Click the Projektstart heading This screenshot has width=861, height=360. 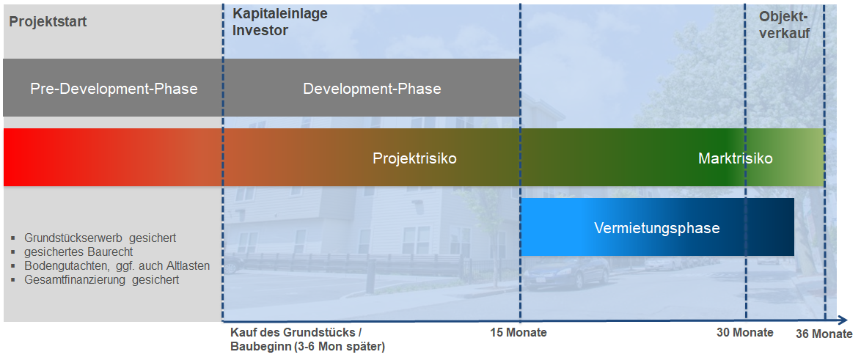pos(48,22)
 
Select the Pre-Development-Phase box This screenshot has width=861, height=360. pos(112,88)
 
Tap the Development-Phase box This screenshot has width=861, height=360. pos(372,88)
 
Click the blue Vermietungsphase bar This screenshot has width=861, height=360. pos(657,227)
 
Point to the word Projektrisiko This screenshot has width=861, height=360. pos(414,158)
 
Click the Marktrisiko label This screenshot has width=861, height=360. pos(736,158)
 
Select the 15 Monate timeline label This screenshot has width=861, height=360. pos(519,333)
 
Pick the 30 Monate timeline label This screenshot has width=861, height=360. pos(744,333)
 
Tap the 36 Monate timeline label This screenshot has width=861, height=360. pos(824,334)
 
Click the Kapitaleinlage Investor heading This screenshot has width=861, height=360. pos(279,22)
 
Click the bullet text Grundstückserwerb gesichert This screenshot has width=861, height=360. pos(100,238)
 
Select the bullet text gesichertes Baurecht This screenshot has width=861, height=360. pos(78,252)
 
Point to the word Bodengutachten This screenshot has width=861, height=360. pos(62,266)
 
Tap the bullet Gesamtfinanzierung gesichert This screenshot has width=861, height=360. pos(102,280)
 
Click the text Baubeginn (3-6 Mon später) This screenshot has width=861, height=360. pos(307,347)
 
